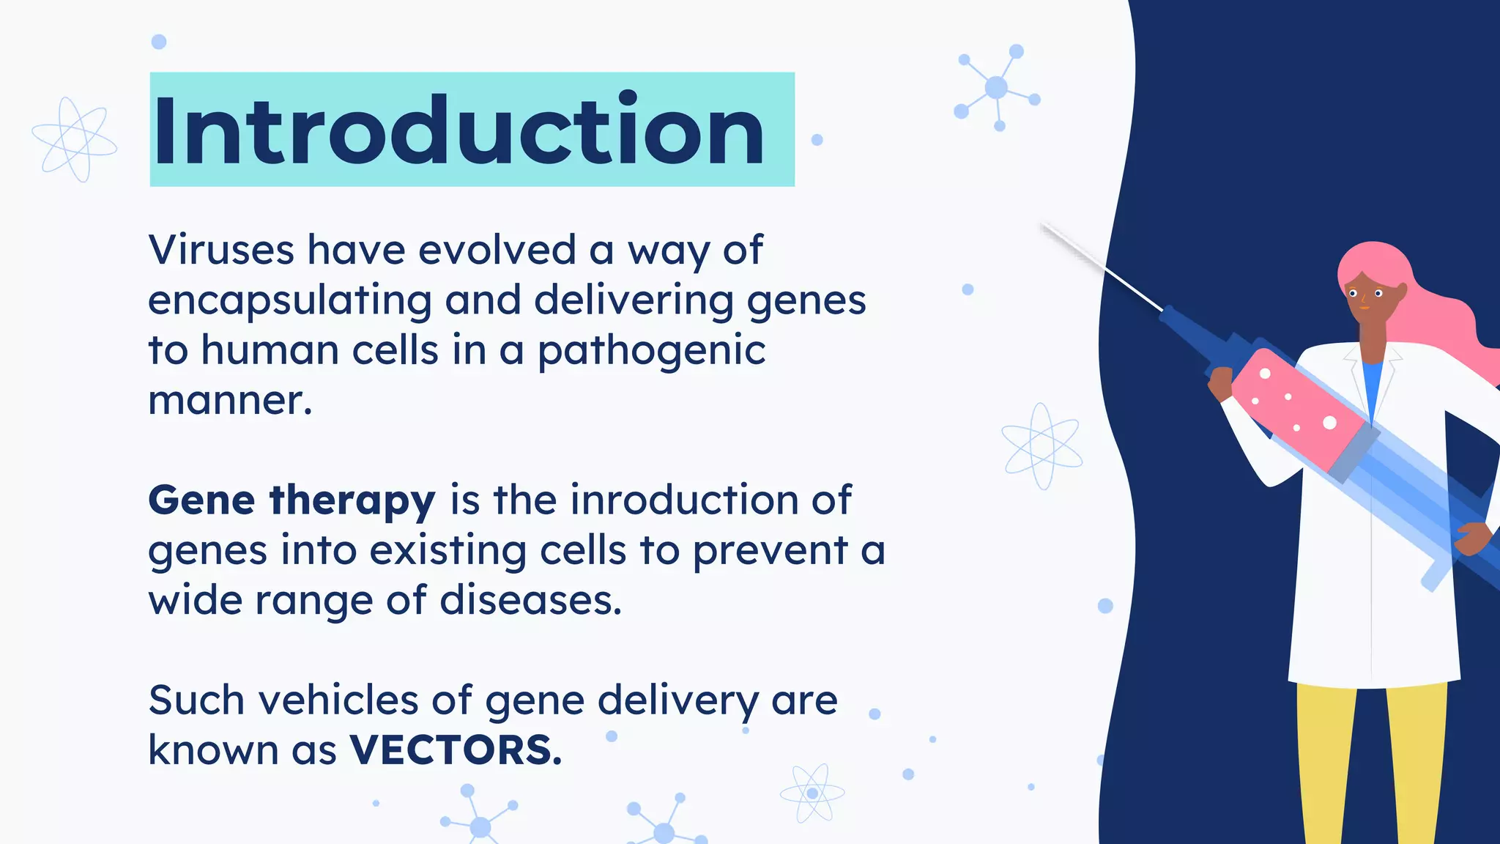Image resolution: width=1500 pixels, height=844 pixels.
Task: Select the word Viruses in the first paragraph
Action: click(221, 250)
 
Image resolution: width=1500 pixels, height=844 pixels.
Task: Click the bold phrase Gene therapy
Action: click(292, 501)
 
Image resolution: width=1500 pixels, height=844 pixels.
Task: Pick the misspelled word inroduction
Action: click(684, 500)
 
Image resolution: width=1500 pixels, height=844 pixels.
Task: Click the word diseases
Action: click(530, 600)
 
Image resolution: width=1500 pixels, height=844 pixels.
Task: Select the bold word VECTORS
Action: click(456, 750)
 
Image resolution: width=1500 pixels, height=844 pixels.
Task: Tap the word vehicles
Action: click(338, 700)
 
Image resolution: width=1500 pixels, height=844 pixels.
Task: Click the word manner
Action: click(230, 401)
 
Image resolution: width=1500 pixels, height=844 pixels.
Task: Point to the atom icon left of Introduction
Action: click(74, 139)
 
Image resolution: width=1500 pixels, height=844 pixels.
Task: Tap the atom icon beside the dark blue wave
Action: click(1042, 445)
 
